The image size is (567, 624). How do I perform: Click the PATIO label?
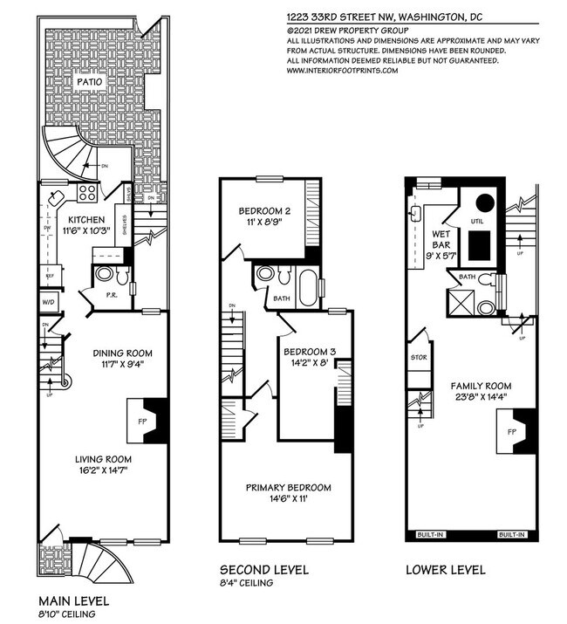point(90,81)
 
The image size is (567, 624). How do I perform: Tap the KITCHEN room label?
point(88,219)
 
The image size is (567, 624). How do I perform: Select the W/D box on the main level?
point(47,304)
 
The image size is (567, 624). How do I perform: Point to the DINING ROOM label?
point(123,353)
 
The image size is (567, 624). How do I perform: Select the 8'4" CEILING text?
point(246,583)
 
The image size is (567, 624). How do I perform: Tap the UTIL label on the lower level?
point(476,222)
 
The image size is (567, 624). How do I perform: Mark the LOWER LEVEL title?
point(445,571)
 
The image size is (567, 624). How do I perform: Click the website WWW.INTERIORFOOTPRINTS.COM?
point(342,71)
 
